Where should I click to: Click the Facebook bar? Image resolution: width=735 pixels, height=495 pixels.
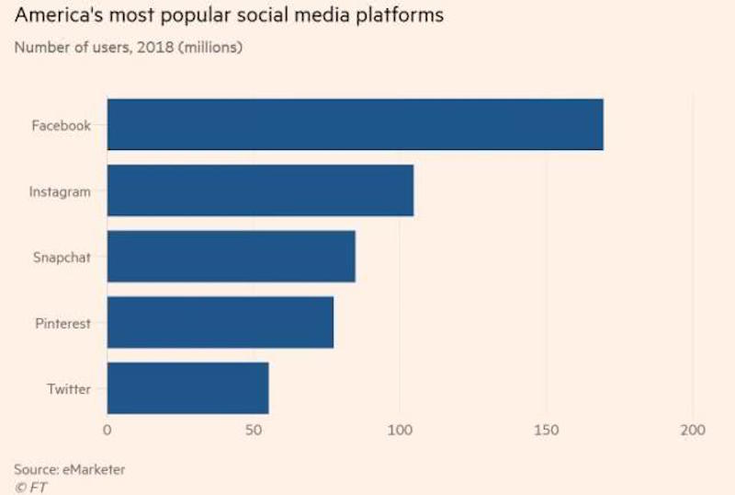[355, 123]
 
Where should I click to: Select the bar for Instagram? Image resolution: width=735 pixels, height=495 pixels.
[260, 190]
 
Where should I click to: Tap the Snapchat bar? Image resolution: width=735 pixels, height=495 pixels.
[231, 256]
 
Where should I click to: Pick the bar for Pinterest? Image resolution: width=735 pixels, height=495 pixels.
[220, 322]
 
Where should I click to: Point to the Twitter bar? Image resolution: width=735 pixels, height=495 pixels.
[187, 388]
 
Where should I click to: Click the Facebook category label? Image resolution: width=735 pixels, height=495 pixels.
[62, 126]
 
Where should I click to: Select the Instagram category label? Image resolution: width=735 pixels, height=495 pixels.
[60, 192]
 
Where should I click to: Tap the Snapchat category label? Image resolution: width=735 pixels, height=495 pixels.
[62, 258]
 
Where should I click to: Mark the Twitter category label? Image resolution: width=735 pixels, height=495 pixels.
[69, 389]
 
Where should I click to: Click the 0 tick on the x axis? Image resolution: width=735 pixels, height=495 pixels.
[107, 430]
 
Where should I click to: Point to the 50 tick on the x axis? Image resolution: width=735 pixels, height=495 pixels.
[254, 430]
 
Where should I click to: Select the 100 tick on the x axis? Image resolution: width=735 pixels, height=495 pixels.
[400, 430]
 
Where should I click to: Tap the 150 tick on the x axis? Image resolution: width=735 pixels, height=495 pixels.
[546, 430]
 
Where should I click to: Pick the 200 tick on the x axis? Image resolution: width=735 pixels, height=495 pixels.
[692, 430]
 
